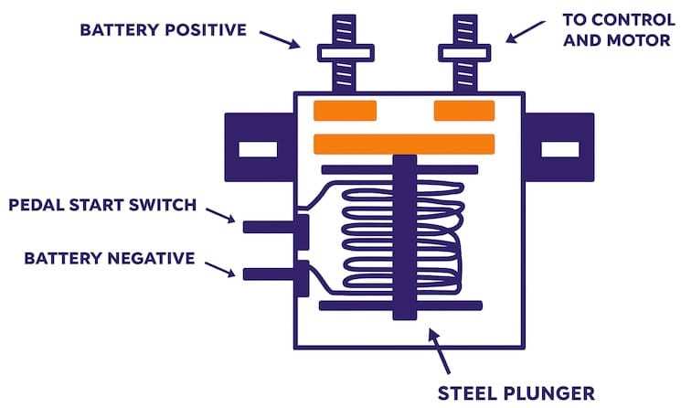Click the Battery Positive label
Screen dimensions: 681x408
[x=164, y=30]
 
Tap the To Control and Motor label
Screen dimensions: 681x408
[x=619, y=30]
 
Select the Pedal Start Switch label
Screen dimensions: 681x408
[x=102, y=205]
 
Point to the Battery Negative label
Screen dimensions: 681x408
[x=110, y=258]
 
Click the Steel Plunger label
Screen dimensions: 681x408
[x=516, y=393]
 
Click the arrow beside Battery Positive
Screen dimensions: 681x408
[x=280, y=39]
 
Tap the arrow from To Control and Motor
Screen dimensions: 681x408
[x=525, y=32]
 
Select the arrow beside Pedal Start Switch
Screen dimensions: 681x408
[x=220, y=216]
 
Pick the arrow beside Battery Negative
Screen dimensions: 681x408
[x=220, y=269]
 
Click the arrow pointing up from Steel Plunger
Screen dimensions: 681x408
[x=439, y=350]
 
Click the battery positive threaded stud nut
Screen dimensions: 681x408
[x=346, y=53]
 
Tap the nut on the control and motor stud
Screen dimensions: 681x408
[x=464, y=53]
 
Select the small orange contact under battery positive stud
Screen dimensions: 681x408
[x=346, y=111]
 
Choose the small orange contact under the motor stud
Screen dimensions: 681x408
[x=464, y=111]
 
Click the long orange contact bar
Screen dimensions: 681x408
[x=404, y=145]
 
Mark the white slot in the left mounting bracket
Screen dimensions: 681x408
[x=258, y=149]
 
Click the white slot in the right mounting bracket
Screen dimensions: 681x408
[x=559, y=149]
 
